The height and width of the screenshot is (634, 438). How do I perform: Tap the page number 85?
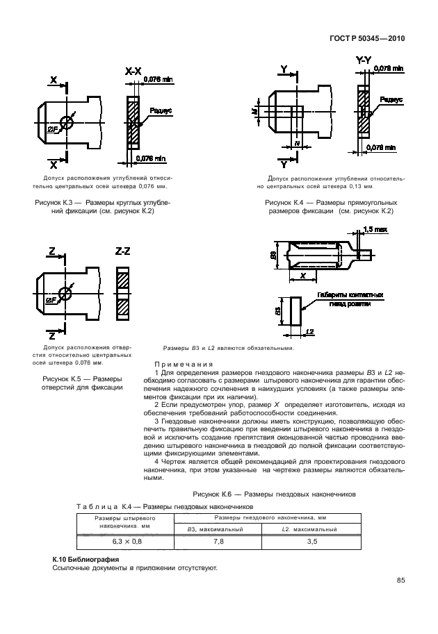[x=400, y=581]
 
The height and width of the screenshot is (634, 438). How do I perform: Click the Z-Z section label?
[x=122, y=251]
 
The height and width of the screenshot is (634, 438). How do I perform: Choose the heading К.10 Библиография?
[x=86, y=559]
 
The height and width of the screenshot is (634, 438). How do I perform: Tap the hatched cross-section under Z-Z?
[x=122, y=294]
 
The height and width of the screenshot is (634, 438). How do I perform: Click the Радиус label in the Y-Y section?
[x=391, y=99]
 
